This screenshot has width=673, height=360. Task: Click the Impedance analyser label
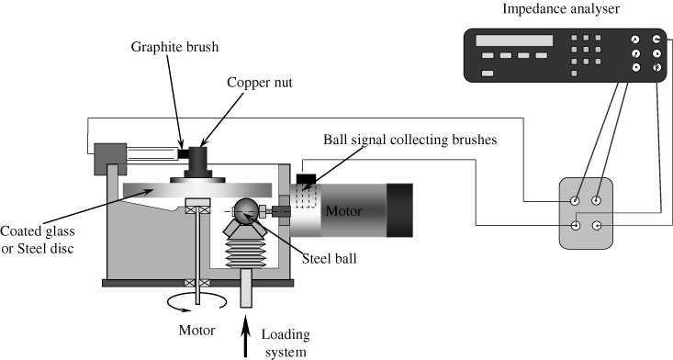(x=561, y=9)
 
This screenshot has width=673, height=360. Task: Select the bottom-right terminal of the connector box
(x=598, y=224)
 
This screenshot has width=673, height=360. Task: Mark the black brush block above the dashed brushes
(x=308, y=177)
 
